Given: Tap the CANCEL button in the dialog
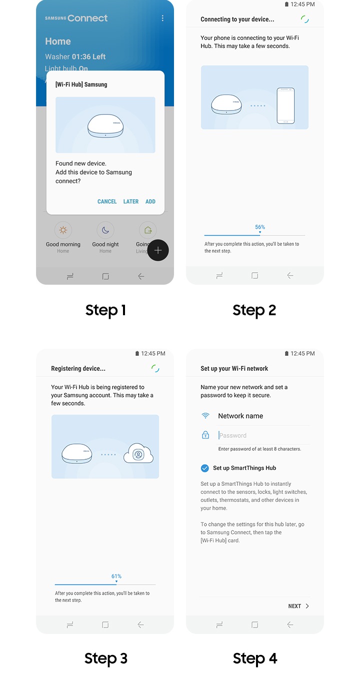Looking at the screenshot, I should click(107, 202).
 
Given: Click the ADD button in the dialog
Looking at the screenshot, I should click(150, 202).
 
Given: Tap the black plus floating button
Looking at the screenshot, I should click(158, 250).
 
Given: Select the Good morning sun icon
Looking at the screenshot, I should click(63, 230).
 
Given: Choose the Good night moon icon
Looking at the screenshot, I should click(105, 230).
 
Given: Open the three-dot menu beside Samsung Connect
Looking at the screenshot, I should click(162, 19).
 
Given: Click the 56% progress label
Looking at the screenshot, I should click(259, 227).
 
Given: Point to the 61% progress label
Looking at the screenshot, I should click(116, 576).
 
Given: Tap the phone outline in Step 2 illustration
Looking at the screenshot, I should click(285, 106).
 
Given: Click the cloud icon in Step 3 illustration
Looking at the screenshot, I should click(138, 454).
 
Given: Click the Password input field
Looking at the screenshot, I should click(263, 436).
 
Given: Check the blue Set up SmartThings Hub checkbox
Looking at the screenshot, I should click(204, 468).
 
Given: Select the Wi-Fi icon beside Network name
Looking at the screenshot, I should click(205, 416).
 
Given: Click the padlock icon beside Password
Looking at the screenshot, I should click(205, 435).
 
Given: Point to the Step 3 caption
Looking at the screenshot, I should click(106, 658).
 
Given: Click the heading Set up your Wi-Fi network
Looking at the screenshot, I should click(234, 369).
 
